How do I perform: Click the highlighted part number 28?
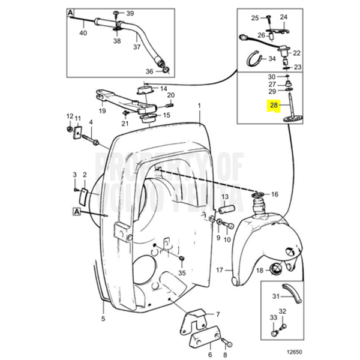pyautogui.click(x=273, y=106)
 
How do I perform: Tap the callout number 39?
pyautogui.click(x=130, y=13)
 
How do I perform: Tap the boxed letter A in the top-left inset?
pyautogui.click(x=71, y=13)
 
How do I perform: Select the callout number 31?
pyautogui.click(x=275, y=296)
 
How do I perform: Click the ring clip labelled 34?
pyautogui.click(x=256, y=58)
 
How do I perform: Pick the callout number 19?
pyautogui.click(x=102, y=110)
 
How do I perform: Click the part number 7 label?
pyautogui.click(x=218, y=314)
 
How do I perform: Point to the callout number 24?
pyautogui.click(x=283, y=18)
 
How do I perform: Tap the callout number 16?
pyautogui.click(x=275, y=194)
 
